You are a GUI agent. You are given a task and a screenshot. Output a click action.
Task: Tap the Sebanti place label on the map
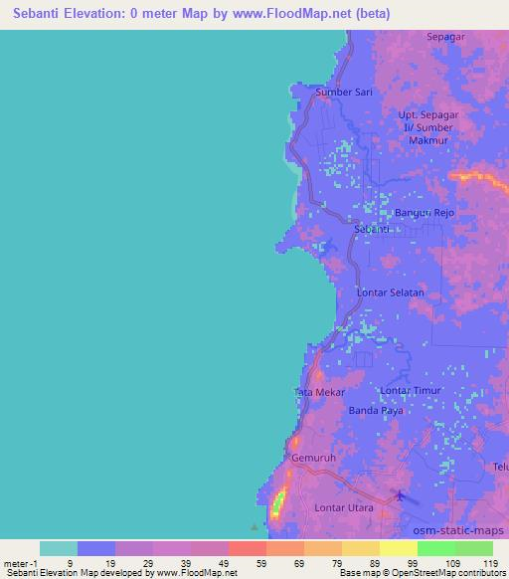[x=372, y=230]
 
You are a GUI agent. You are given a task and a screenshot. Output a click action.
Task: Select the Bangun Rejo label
[x=424, y=213]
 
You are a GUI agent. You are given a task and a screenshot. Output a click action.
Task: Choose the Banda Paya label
[x=374, y=410]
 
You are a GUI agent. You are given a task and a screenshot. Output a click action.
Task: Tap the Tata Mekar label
[x=319, y=392]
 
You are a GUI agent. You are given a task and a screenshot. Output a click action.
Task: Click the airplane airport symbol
[x=400, y=494]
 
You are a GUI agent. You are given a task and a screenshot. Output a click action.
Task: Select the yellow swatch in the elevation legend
[x=398, y=548]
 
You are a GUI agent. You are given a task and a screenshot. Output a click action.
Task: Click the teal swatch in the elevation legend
[x=58, y=548]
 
